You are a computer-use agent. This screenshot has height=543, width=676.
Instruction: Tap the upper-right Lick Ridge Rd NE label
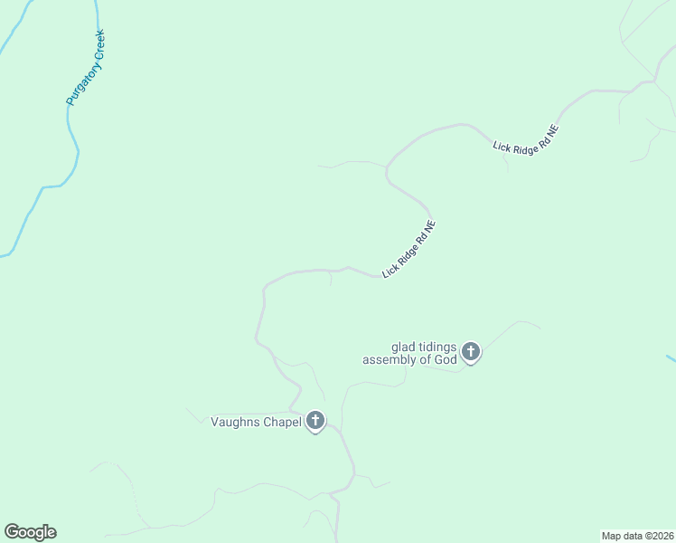point(526,139)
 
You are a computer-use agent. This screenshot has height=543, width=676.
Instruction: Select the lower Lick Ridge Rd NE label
point(409,249)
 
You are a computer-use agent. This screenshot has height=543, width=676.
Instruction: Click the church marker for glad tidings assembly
point(470,351)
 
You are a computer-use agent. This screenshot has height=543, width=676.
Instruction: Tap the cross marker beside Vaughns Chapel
point(315,421)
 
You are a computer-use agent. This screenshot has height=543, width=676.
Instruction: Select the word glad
point(403,347)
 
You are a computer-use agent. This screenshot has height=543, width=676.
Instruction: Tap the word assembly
point(390,359)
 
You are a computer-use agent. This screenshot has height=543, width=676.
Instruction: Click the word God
point(446,359)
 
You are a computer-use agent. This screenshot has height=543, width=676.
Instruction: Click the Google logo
point(30,532)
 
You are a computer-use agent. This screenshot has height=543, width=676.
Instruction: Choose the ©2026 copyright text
point(659,536)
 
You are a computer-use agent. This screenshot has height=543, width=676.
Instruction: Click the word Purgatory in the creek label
point(80,86)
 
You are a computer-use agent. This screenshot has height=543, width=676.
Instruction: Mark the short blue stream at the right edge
point(671,359)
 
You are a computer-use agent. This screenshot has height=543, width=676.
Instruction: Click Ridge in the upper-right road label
point(525,139)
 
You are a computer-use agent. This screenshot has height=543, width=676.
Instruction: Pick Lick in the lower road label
point(390,270)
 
